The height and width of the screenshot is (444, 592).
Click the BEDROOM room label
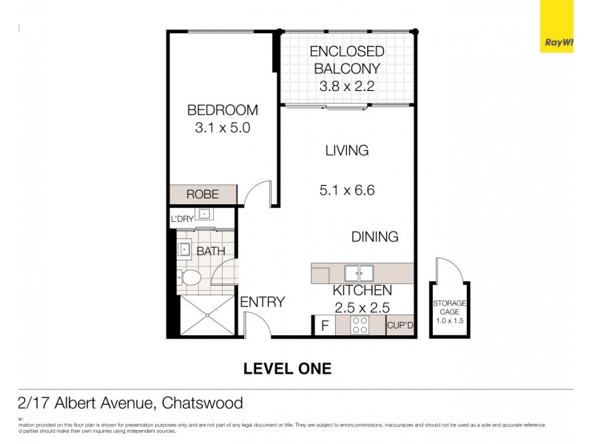coord(222,110)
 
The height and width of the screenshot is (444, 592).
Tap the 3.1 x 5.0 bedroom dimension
coord(222,127)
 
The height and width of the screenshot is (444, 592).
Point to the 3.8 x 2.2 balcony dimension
coord(346,87)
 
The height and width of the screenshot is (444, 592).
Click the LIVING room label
coord(346,150)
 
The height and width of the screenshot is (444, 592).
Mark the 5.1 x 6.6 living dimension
coord(346,190)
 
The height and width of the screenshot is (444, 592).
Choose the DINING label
coord(374,237)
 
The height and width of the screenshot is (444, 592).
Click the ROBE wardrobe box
coord(203,195)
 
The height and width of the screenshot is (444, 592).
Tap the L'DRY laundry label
coord(182,220)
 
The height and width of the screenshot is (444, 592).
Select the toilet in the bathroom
coord(189,278)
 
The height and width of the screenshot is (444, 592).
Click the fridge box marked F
coord(323,325)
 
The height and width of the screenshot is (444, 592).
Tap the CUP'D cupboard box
coord(400,325)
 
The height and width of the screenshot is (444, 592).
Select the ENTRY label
coord(263,301)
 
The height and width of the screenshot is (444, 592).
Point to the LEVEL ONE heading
coord(287,368)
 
